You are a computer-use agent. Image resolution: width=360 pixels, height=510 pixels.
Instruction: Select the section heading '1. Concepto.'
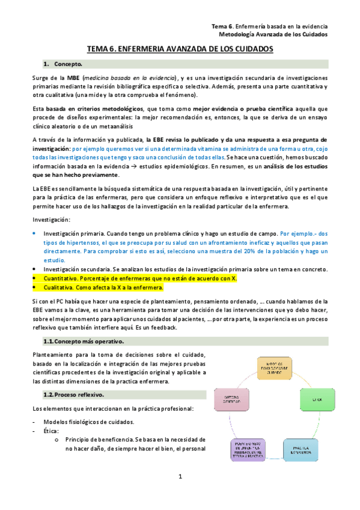click(x=66, y=64)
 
